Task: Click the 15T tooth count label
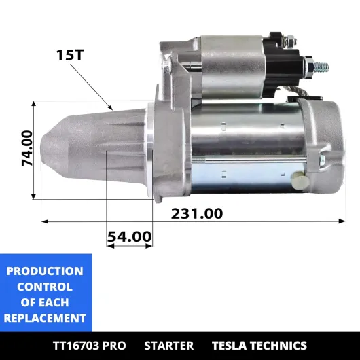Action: (x=70, y=55)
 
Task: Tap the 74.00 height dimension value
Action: (x=27, y=148)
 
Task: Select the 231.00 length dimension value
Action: (x=197, y=213)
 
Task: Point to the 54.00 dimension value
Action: (x=130, y=236)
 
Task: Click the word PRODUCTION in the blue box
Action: (x=45, y=271)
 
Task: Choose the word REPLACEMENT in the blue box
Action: (x=45, y=318)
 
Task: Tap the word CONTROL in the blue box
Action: (x=45, y=287)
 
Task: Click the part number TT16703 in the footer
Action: (x=76, y=346)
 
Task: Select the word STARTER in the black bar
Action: (x=168, y=346)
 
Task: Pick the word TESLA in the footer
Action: (x=229, y=346)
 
